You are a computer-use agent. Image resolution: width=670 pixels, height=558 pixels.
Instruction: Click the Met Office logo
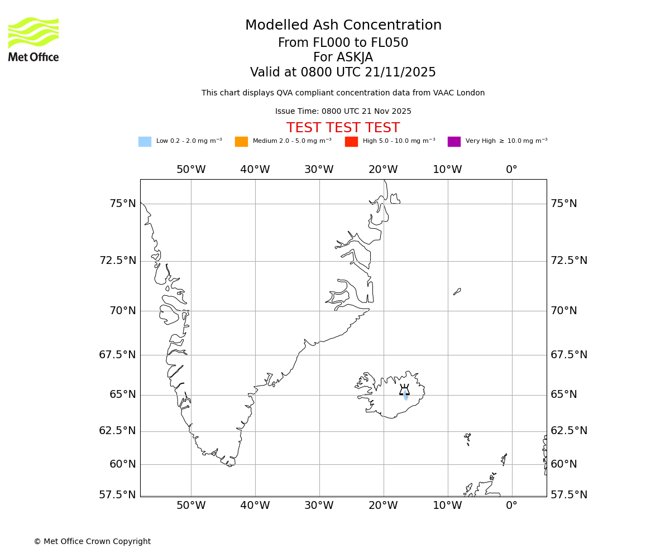pyautogui.click(x=33, y=39)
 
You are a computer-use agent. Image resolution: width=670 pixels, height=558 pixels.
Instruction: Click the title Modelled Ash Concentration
pyautogui.click(x=343, y=26)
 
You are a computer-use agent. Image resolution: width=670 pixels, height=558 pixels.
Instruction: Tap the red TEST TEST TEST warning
pyautogui.click(x=343, y=128)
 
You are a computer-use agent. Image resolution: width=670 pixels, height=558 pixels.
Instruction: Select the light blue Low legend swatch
pyautogui.click(x=145, y=142)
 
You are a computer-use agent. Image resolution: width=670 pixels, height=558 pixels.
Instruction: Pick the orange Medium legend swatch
pyautogui.click(x=241, y=142)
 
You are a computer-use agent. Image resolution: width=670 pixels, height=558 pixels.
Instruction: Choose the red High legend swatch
pyautogui.click(x=351, y=142)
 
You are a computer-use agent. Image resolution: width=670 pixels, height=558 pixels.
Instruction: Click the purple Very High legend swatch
pyautogui.click(x=454, y=142)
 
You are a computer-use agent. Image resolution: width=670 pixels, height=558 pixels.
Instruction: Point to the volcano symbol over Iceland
pyautogui.click(x=404, y=390)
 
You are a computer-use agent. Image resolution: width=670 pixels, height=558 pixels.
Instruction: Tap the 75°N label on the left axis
pyautogui.click(x=123, y=204)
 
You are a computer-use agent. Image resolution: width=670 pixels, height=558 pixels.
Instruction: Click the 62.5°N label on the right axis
pyautogui.click(x=569, y=431)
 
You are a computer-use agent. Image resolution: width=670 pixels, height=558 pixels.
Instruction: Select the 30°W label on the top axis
pyautogui.click(x=319, y=170)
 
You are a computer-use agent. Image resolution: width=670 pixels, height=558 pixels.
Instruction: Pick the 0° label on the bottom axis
pyautogui.click(x=511, y=506)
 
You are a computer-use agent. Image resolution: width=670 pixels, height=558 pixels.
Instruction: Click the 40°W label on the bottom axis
pyautogui.click(x=255, y=506)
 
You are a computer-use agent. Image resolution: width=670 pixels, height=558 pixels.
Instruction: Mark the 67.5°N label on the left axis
pyautogui.click(x=118, y=355)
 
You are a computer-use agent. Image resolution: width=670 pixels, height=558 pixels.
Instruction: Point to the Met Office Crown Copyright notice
pyautogui.click(x=92, y=542)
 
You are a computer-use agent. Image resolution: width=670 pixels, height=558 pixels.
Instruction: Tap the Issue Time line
pyautogui.click(x=343, y=112)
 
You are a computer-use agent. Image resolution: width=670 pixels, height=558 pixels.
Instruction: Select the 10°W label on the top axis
pyautogui.click(x=447, y=170)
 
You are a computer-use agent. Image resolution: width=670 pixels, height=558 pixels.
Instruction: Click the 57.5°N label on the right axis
pyautogui.click(x=569, y=495)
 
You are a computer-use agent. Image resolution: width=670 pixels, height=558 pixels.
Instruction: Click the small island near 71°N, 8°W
pyautogui.click(x=457, y=291)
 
